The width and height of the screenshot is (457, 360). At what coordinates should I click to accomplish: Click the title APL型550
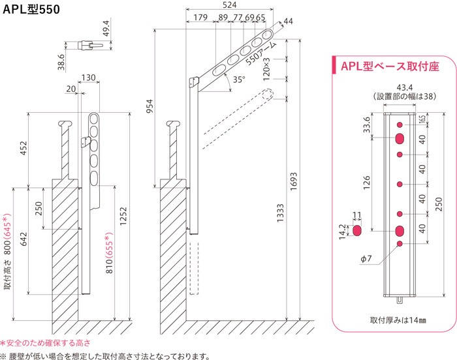(x=31, y=9)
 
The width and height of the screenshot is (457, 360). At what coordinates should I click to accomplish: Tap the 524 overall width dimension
(x=229, y=5)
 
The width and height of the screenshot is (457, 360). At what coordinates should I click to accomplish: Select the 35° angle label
(x=239, y=79)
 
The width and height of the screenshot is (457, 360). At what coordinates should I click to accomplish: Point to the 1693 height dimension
(x=294, y=181)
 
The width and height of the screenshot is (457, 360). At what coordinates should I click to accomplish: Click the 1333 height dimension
(x=280, y=213)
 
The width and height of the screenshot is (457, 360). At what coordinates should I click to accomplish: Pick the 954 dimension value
(x=150, y=106)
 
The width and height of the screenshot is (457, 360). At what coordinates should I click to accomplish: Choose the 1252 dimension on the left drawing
(x=123, y=216)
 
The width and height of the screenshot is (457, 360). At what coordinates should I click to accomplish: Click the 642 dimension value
(x=24, y=239)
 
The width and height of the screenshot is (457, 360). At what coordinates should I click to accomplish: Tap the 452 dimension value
(x=24, y=148)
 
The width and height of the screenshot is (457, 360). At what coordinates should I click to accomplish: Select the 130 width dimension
(x=88, y=78)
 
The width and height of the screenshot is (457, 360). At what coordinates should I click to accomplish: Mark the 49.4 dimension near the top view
(x=106, y=28)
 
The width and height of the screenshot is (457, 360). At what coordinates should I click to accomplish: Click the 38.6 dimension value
(x=61, y=62)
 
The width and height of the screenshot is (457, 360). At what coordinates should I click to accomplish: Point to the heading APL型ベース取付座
(x=390, y=67)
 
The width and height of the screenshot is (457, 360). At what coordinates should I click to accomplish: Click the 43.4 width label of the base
(x=405, y=87)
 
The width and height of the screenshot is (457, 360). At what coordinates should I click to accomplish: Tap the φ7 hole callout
(x=366, y=259)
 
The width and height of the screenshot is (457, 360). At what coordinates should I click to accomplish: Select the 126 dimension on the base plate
(x=367, y=183)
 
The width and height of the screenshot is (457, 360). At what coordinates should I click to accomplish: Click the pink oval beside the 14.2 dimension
(x=356, y=230)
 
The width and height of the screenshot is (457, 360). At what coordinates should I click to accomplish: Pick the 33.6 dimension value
(x=367, y=125)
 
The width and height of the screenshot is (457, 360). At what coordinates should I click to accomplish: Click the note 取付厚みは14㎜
(x=398, y=320)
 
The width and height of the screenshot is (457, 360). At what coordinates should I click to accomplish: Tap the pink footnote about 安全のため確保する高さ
(x=46, y=343)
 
